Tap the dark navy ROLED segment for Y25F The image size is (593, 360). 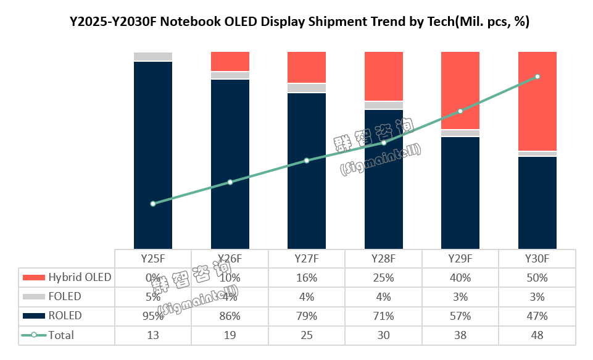[x=153, y=154]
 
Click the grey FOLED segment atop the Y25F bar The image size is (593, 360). [x=153, y=56]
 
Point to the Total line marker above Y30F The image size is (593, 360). [x=537, y=77]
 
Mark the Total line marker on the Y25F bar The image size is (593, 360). [x=153, y=204]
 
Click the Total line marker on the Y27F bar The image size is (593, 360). [x=307, y=161]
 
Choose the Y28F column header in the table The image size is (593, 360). [x=383, y=259]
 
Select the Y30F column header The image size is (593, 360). [x=537, y=259]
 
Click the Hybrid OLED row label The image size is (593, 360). [x=80, y=277]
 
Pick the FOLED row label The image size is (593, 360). [x=65, y=296]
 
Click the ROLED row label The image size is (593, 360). [x=65, y=316]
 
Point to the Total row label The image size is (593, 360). [x=61, y=335]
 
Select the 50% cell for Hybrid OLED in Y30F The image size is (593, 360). [x=537, y=277]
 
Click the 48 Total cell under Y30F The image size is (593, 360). [x=537, y=335]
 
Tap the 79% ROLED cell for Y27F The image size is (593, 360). [x=307, y=316]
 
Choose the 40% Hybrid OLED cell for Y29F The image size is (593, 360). [x=460, y=277]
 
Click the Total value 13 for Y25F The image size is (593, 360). [x=153, y=335]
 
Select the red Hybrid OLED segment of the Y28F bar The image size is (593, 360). [x=383, y=76]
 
